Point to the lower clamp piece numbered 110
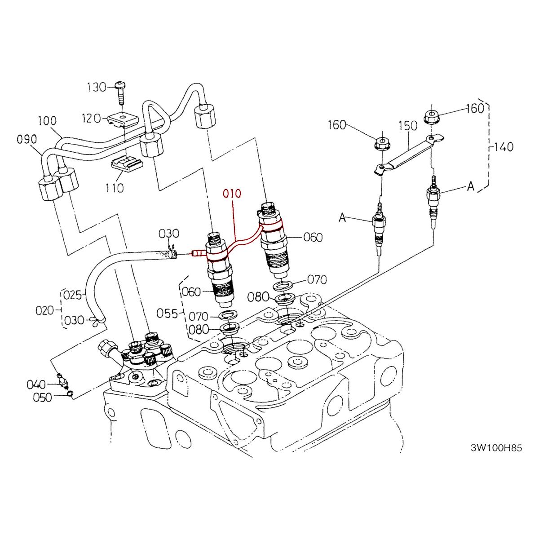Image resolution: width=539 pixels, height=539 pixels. [127, 165]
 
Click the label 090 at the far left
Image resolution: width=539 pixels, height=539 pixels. [27, 140]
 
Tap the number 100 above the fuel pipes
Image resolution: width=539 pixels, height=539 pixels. [47, 121]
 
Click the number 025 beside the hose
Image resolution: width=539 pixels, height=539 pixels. [73, 296]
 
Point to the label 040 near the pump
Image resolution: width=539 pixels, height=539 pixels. [36, 384]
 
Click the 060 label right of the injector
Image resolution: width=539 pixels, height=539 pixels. [313, 238]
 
